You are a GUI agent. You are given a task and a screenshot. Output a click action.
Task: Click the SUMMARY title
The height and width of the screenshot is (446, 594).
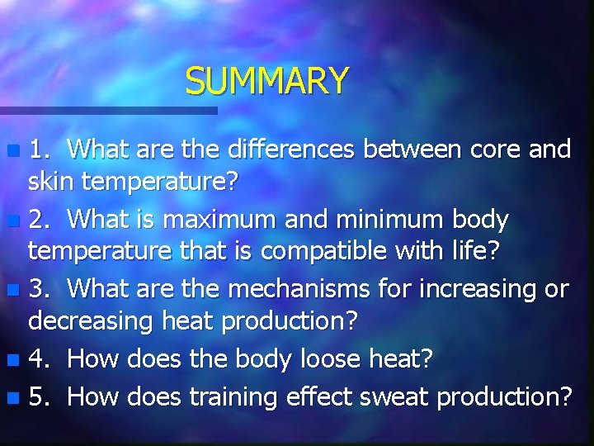266,81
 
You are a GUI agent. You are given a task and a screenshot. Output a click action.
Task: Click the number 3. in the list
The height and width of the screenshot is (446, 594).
38,290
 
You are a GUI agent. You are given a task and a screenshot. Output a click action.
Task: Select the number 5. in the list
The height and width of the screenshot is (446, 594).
38,397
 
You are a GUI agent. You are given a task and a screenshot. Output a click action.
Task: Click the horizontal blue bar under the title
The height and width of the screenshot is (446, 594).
107,110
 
